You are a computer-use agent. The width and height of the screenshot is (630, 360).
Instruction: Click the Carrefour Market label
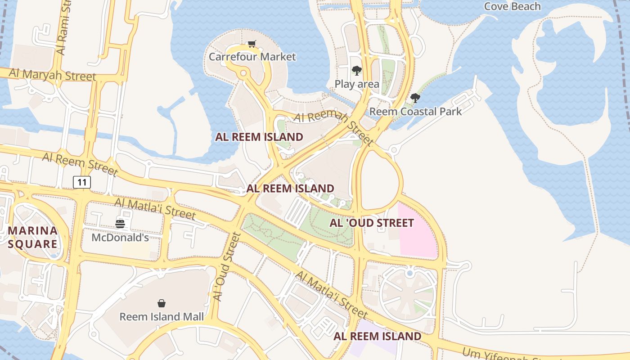coord(252,57)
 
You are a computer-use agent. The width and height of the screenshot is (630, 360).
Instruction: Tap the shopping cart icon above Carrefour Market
coord(252,44)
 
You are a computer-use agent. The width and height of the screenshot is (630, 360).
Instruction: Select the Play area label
coord(357,84)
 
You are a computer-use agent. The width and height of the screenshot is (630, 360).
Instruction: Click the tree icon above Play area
coord(357,71)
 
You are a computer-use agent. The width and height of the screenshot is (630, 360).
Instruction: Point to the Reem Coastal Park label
coord(415,111)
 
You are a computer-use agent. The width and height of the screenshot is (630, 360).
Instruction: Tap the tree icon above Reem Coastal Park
coord(415,98)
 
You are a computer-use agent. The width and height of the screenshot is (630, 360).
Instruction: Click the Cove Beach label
coord(512,6)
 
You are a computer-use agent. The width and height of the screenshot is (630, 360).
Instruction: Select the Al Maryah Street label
coord(52,75)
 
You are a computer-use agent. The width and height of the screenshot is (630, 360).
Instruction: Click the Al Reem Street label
coord(80,164)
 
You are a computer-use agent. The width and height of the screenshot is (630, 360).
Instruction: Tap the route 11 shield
coord(82,182)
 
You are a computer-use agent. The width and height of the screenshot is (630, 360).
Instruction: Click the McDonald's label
coord(120,237)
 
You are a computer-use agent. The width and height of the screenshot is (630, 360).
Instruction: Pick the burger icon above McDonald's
coord(120,224)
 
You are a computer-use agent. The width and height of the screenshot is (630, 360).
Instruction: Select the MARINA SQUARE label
coord(33,237)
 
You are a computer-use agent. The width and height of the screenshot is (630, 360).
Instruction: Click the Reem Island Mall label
coord(161,316)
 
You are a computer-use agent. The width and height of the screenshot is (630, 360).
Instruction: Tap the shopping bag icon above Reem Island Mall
coord(161,303)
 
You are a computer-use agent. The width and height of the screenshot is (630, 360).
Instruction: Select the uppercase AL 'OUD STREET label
coord(371,223)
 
